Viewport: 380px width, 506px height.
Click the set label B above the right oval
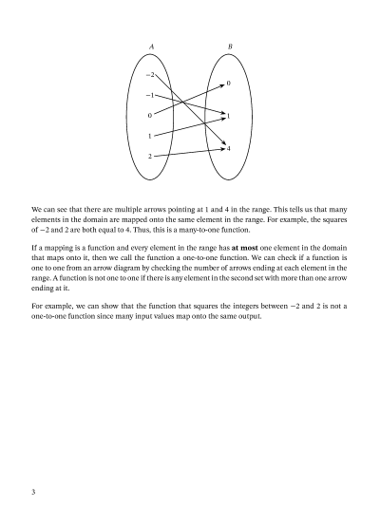tap(228, 47)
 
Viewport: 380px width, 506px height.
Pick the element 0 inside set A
tap(150, 115)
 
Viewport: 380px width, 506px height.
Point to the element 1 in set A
tap(150, 135)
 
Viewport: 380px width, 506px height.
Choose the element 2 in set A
tap(150, 155)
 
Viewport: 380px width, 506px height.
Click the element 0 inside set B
tap(229, 84)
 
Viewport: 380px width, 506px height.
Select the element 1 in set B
tap(229, 116)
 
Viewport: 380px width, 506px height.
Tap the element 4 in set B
tap(229, 147)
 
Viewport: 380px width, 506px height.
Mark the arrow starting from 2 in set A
tap(185, 151)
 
